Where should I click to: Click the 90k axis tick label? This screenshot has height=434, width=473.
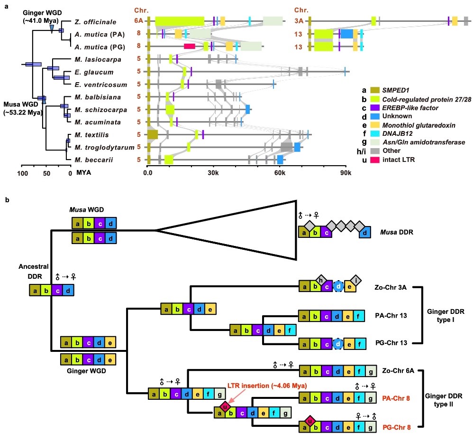point(346,171)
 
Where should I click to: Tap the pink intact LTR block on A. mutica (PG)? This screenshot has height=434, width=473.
point(190,46)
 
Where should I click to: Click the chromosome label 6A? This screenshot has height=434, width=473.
point(138,21)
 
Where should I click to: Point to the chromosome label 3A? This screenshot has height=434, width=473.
point(299,21)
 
